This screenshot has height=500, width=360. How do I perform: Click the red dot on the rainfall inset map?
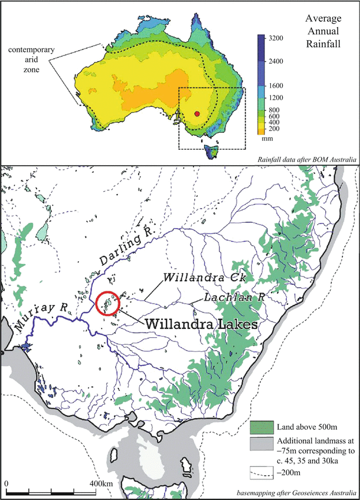click(x=198, y=113)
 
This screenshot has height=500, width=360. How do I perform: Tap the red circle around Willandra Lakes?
click(x=107, y=304)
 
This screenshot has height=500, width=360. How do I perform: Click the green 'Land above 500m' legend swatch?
click(x=260, y=426)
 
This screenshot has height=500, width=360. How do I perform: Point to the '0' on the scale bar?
click(x=6, y=484)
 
